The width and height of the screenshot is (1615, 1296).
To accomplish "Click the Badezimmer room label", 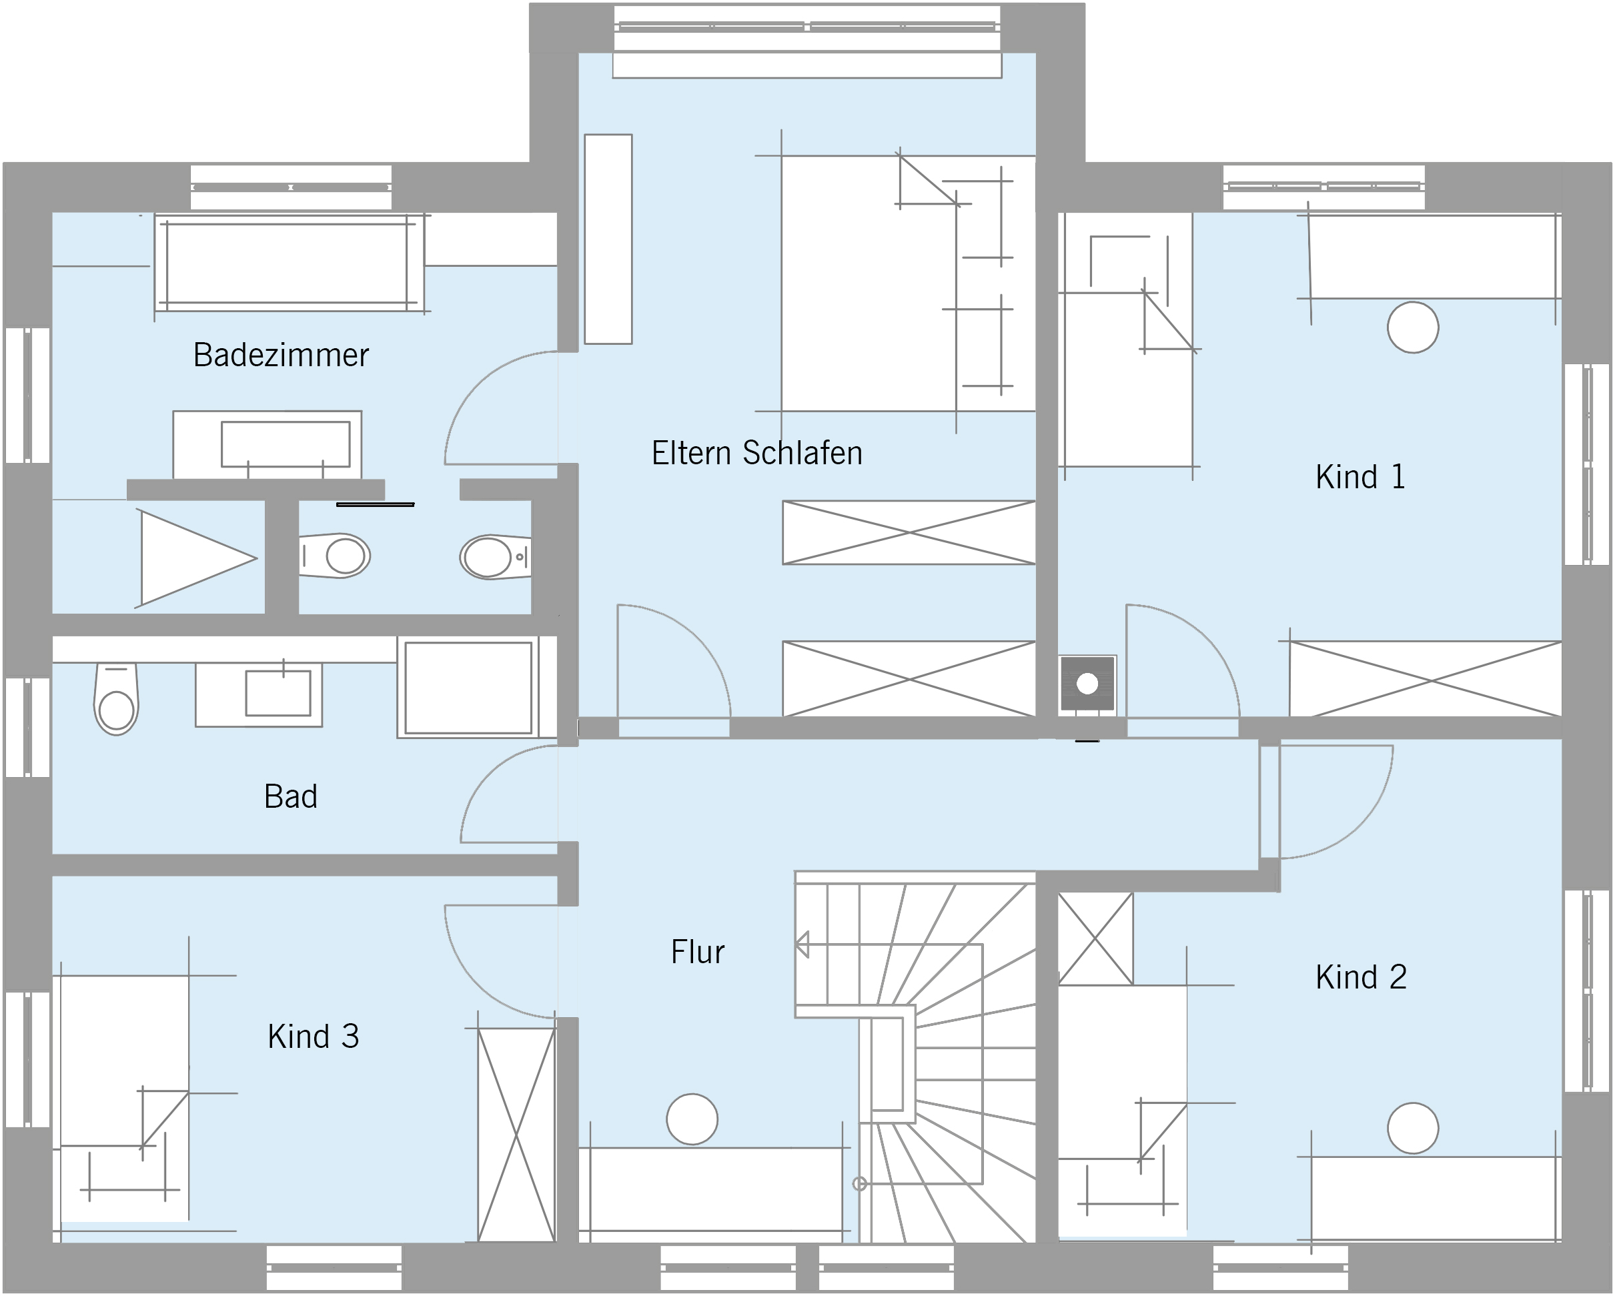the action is (x=281, y=355).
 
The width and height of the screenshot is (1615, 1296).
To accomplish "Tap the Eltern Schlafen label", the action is (x=756, y=453).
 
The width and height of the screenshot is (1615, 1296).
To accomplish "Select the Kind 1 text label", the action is (x=1360, y=477).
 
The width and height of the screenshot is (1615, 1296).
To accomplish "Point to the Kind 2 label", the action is (x=1361, y=977).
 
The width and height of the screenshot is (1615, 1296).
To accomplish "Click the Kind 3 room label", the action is (x=313, y=1037).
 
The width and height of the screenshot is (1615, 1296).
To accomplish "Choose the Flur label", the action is (x=697, y=952).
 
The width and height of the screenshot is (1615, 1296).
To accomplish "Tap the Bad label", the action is (x=291, y=796).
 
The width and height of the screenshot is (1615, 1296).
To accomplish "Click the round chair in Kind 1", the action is (x=1413, y=328).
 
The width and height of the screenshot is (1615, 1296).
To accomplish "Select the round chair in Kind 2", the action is (x=1413, y=1128).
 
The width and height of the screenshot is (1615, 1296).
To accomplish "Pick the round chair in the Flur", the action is (x=692, y=1119).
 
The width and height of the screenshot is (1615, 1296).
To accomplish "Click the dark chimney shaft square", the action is (x=1087, y=683).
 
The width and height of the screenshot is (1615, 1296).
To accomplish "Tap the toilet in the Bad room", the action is (x=116, y=700).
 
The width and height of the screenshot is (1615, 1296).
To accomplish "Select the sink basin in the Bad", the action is (x=278, y=693).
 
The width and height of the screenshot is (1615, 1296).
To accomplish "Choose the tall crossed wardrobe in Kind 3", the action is (x=517, y=1135).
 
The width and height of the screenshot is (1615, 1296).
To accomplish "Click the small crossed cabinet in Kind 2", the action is (x=1095, y=938).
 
